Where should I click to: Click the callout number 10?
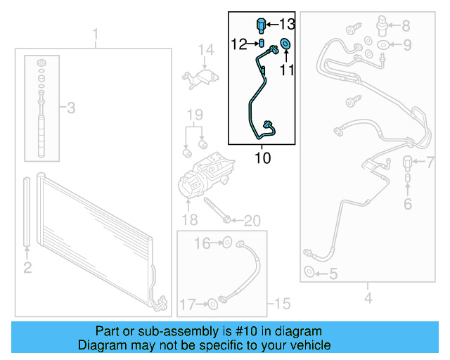pos(262,158)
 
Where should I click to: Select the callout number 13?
pos(287,24)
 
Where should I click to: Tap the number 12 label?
pos(240,44)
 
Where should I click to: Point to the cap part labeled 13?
pos(262,23)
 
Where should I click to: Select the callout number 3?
pos(70,108)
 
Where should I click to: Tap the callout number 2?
pos(27,266)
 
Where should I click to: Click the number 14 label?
pos(205,50)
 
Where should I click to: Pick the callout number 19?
pos(194,115)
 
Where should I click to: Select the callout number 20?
pos(251,221)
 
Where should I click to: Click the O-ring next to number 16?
pos(227,243)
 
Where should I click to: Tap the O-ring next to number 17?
pos(212,304)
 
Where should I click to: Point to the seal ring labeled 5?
pos(309,273)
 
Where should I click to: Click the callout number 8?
pos(406,26)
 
